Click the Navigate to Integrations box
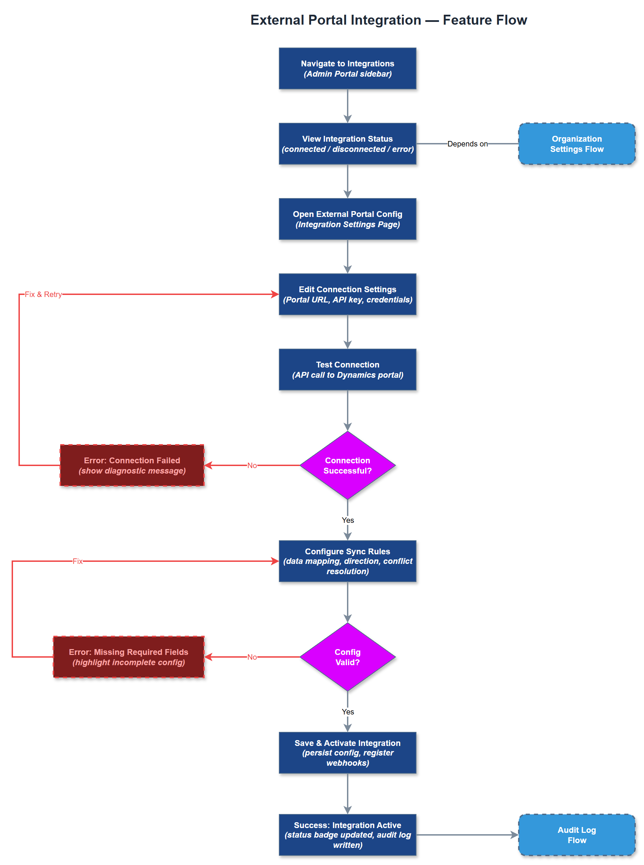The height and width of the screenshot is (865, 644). pyautogui.click(x=347, y=69)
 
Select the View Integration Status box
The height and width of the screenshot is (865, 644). pyautogui.click(x=347, y=144)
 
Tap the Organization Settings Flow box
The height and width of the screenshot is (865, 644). pyautogui.click(x=577, y=144)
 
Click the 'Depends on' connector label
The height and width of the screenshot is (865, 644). pyautogui.click(x=467, y=144)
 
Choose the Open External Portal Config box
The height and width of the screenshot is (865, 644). pyautogui.click(x=347, y=219)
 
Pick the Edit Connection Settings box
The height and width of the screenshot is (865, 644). pyautogui.click(x=347, y=294)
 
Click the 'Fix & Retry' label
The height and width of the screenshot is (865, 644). pyautogui.click(x=43, y=294)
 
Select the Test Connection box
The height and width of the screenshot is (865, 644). pyautogui.click(x=347, y=370)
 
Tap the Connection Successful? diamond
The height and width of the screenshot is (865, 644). pyautogui.click(x=347, y=465)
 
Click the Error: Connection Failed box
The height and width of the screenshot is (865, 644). pyautogui.click(x=132, y=465)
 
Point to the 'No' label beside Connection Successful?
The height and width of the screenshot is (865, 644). pyautogui.click(x=252, y=465)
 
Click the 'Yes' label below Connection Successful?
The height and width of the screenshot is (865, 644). pyautogui.click(x=348, y=520)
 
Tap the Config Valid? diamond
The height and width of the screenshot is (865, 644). pyautogui.click(x=347, y=657)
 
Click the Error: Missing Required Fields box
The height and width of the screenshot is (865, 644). pyautogui.click(x=129, y=657)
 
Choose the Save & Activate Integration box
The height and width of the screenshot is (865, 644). pyautogui.click(x=347, y=752)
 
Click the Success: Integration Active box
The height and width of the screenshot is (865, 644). pyautogui.click(x=347, y=835)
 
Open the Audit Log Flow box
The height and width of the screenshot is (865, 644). pyautogui.click(x=577, y=835)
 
